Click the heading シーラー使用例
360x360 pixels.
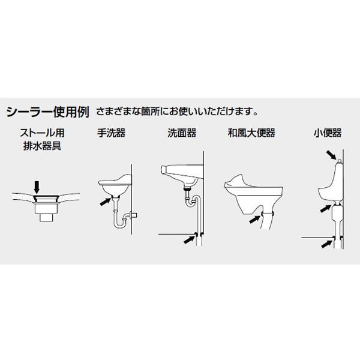(x=47, y=112)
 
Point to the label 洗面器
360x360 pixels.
(x=182, y=133)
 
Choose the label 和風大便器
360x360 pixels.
(x=251, y=133)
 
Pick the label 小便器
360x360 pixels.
(x=327, y=133)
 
